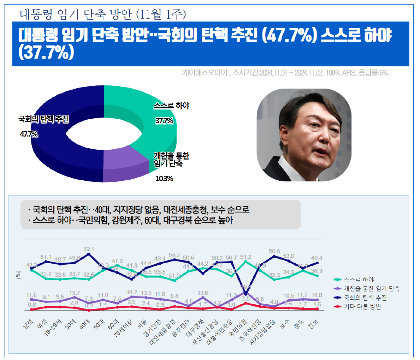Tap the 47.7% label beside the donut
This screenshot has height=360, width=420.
(29, 134)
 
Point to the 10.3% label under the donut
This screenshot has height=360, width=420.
(164, 179)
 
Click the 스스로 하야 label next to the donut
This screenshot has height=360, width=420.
(172, 106)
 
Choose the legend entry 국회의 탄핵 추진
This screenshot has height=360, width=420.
(365, 298)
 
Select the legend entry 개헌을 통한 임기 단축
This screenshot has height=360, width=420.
(372, 289)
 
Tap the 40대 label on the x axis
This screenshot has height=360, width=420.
(85, 324)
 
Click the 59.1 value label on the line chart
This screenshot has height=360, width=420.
(89, 249)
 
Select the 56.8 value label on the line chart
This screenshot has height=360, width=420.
(274, 251)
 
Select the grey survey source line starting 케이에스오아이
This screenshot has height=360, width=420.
(285, 73)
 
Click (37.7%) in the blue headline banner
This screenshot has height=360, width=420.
(47, 52)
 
